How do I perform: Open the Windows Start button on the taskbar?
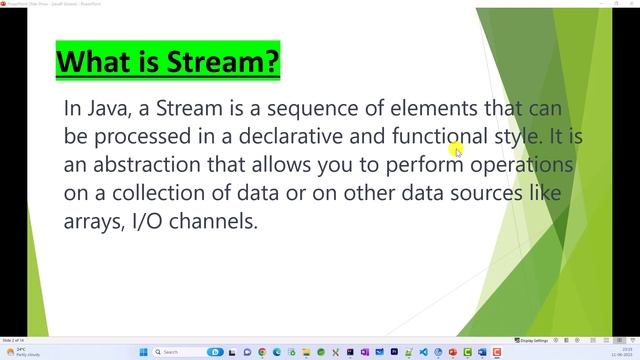point(143,352)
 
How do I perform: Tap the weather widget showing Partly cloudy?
point(18,352)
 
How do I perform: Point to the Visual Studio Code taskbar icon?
point(423,352)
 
